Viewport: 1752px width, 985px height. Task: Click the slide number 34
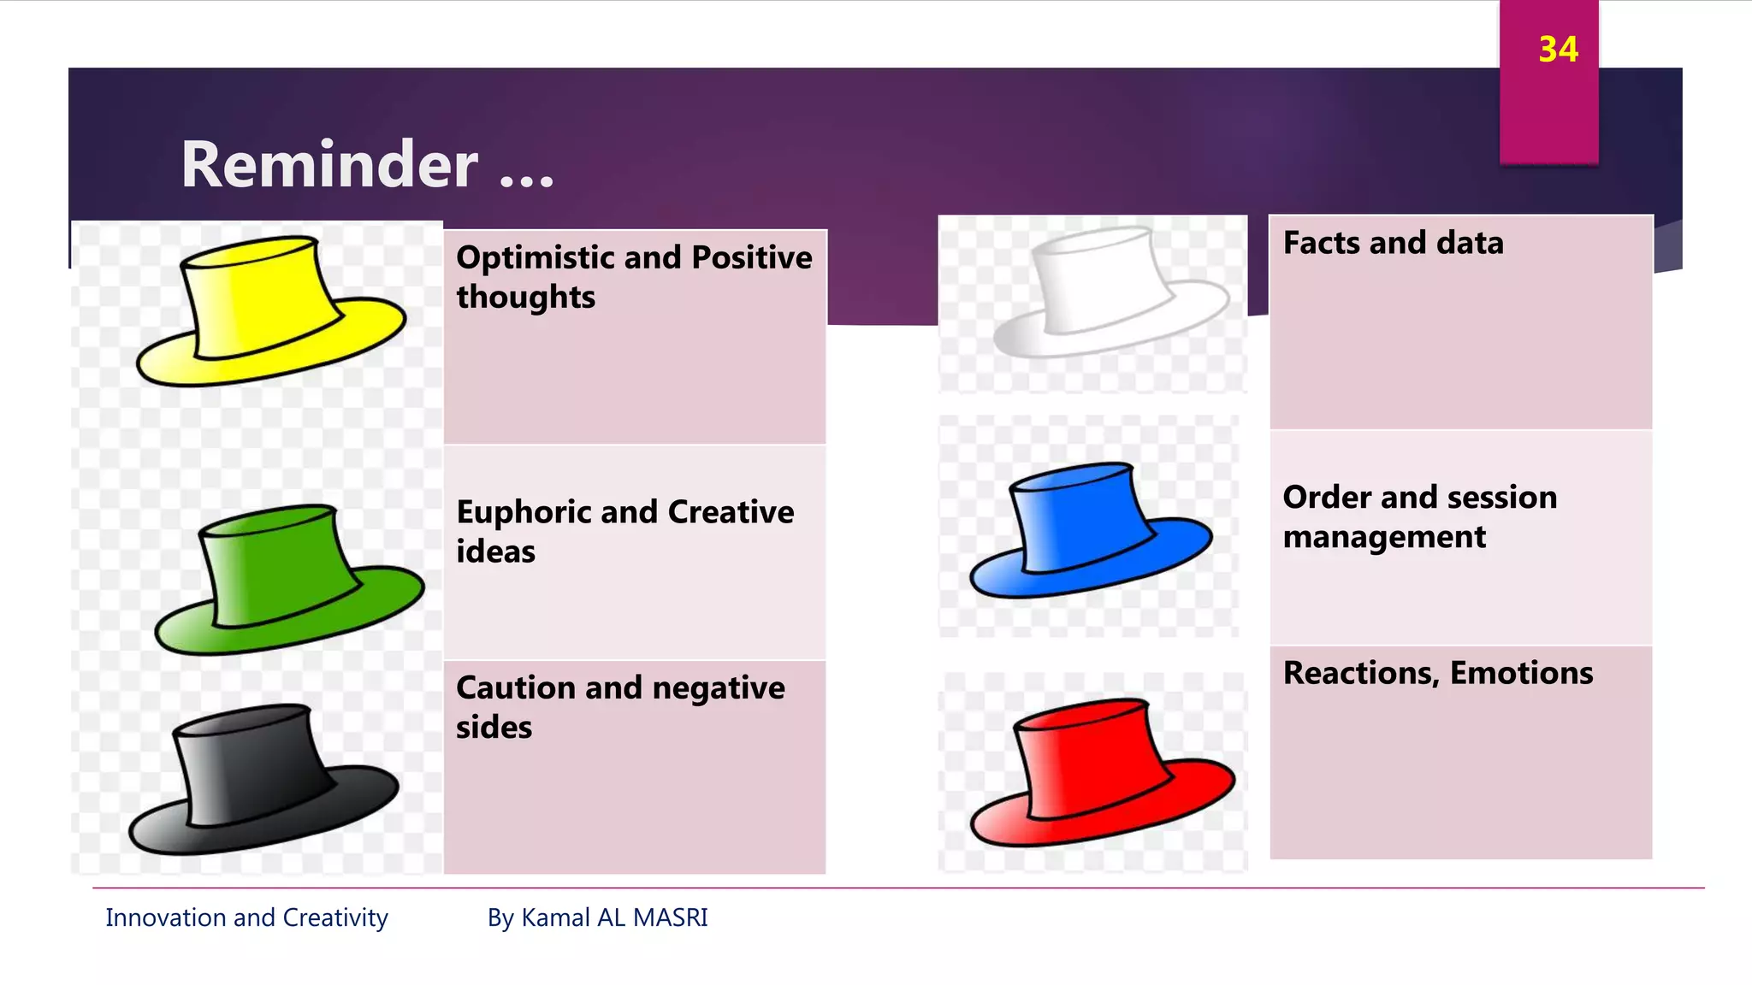1558,50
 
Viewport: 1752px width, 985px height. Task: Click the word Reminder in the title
329,164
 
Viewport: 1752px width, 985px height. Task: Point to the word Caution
515,687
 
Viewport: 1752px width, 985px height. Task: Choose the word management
1384,537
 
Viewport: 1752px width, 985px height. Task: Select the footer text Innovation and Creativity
246,917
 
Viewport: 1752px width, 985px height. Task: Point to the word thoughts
525,298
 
